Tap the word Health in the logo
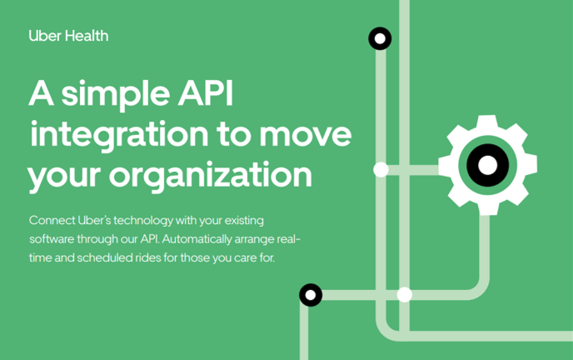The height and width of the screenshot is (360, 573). (87, 36)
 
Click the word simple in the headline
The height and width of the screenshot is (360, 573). (116, 95)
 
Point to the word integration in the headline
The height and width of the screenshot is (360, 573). (119, 136)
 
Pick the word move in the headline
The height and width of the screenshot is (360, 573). (305, 136)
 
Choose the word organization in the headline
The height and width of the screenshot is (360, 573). (211, 176)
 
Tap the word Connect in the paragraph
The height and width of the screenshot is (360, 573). (52, 220)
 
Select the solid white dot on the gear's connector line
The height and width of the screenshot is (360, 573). (381, 170)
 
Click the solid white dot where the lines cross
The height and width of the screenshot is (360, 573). (405, 294)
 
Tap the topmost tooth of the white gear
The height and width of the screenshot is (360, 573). (487, 122)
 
